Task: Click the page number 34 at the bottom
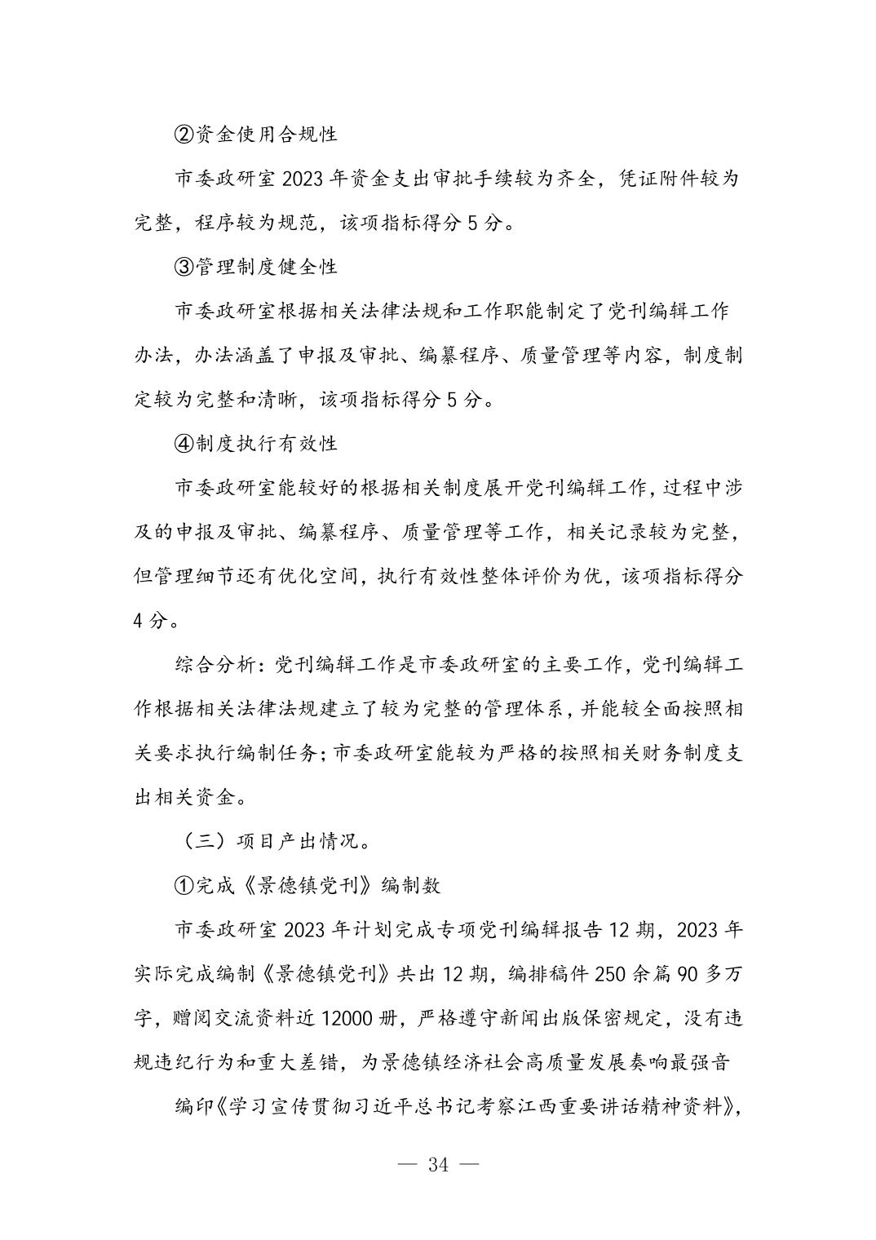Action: point(437,1164)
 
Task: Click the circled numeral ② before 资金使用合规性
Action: point(184,133)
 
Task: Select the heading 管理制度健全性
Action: point(266,266)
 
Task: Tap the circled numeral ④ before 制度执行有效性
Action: point(184,443)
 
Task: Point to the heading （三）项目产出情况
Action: point(275,841)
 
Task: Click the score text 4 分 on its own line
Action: point(151,620)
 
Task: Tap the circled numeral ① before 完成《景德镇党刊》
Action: point(184,885)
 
